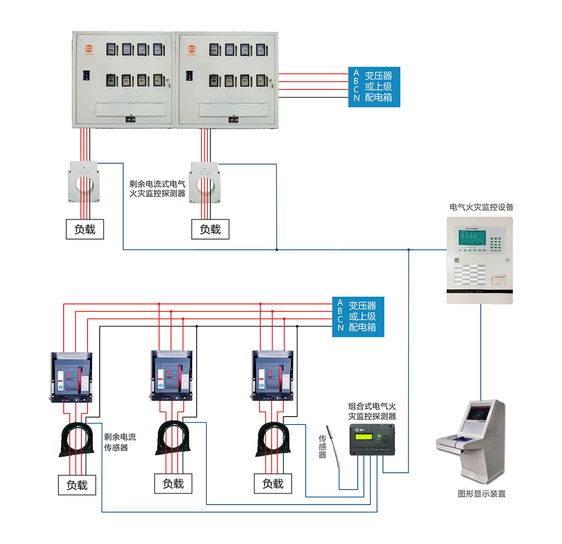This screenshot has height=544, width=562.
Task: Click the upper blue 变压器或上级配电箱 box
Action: [x=374, y=87]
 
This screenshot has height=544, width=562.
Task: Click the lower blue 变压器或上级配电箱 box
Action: [x=358, y=316]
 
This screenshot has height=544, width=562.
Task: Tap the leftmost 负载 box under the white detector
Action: [x=85, y=229]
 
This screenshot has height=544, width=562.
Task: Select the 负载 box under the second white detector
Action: [x=210, y=229]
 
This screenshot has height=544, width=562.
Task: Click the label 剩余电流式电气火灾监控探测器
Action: [x=157, y=189]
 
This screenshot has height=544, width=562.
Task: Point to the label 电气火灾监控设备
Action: [x=481, y=207]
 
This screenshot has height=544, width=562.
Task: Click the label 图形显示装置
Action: [x=481, y=493]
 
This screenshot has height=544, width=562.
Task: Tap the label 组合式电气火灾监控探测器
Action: [x=372, y=411]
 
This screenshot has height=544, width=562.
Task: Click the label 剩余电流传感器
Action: [x=119, y=442]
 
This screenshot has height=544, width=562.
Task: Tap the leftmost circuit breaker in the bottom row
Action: [x=71, y=377]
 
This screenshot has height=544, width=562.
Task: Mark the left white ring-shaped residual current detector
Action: [x=84, y=182]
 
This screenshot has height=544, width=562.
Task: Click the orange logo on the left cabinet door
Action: [x=89, y=48]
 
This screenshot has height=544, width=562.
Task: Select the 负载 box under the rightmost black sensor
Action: [x=273, y=484]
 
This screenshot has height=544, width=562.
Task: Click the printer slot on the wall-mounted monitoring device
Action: [x=498, y=280]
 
